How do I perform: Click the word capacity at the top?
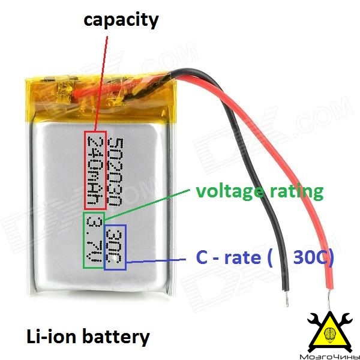(121, 20)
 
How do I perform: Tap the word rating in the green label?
(296, 192)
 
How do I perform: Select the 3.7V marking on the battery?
(94, 239)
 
